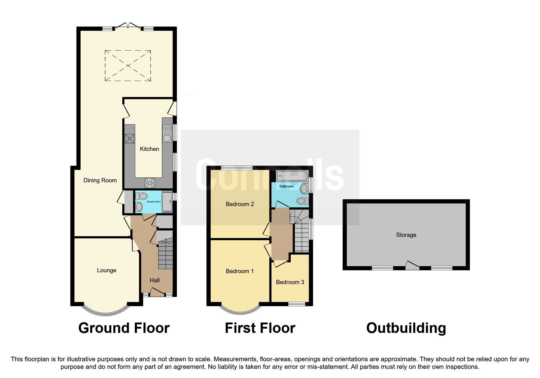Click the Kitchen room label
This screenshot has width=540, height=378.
tap(149, 149)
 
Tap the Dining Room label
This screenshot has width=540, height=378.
tap(100, 180)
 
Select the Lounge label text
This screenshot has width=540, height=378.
tap(106, 270)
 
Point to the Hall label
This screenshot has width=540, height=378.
tap(155, 280)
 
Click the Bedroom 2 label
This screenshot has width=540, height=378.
tap(240, 204)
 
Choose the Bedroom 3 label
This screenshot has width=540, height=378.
tap(290, 282)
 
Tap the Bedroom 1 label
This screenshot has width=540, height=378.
tap(240, 271)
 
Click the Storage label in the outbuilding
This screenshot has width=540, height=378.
tap(406, 235)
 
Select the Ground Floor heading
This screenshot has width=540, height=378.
tap(124, 328)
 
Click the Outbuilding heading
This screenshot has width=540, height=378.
tap(406, 328)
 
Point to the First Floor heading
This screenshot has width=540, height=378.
tap(260, 328)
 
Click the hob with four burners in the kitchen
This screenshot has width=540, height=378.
tap(149, 183)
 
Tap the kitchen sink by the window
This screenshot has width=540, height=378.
tap(167, 134)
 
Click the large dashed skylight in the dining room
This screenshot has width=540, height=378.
tap(128, 66)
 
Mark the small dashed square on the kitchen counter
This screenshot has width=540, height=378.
tap(130, 139)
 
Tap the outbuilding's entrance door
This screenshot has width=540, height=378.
tap(412, 266)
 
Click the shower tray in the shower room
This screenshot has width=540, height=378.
tap(167, 202)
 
